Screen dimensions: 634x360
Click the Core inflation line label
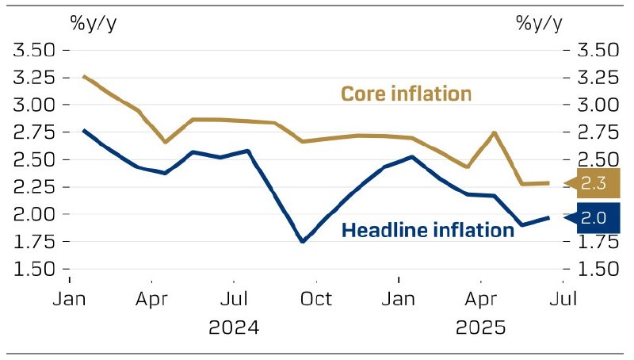pyautogui.click(x=406, y=94)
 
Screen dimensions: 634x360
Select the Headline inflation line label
pyautogui.click(x=428, y=230)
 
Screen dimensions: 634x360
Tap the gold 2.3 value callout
pyautogui.click(x=594, y=183)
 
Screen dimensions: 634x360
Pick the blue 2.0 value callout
pyautogui.click(x=594, y=218)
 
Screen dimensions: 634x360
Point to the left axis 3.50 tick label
pyautogui.click(x=34, y=50)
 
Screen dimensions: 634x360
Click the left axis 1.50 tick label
pyautogui.click(x=34, y=269)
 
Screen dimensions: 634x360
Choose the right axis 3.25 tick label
pyautogui.click(x=598, y=77)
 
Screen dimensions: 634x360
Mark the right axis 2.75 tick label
pyautogui.click(x=598, y=132)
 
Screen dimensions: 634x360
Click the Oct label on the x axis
pyautogui.click(x=316, y=299)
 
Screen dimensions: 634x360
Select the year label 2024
pyautogui.click(x=234, y=327)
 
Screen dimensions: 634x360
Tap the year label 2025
pyautogui.click(x=481, y=327)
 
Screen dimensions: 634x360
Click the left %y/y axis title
pyautogui.click(x=94, y=24)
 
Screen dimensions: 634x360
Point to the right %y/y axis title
pyautogui.click(x=540, y=24)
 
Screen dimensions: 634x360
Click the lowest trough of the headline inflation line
pyautogui.click(x=304, y=241)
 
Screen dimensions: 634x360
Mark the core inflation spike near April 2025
pyautogui.click(x=494, y=132)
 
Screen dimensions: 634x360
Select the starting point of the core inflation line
pyautogui.click(x=84, y=76)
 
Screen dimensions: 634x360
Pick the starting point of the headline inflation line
pyautogui.click(x=84, y=130)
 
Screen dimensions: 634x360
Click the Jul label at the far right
pyautogui.click(x=563, y=299)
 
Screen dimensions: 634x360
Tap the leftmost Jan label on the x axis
pyautogui.click(x=69, y=299)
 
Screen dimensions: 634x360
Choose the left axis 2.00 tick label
pyautogui.click(x=34, y=214)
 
